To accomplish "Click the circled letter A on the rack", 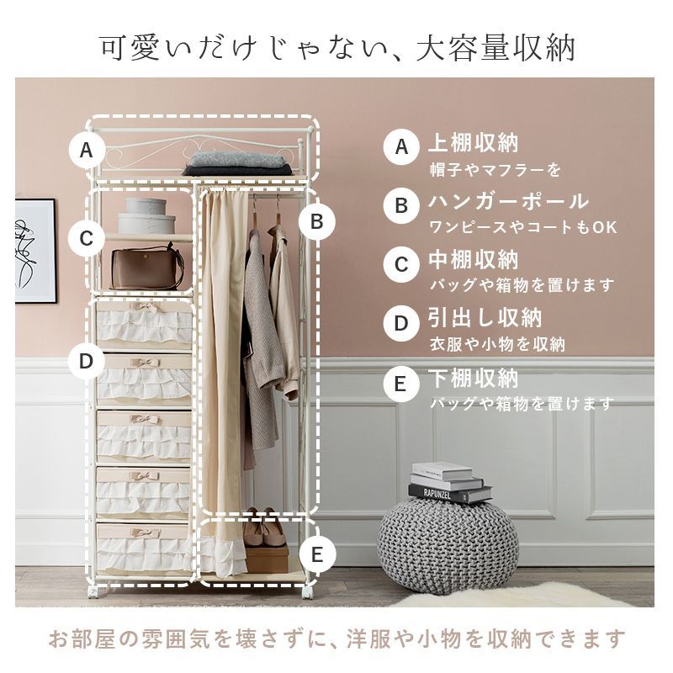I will [x=87, y=151].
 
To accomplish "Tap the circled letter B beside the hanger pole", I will [x=317, y=221].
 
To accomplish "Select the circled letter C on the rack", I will [x=87, y=238].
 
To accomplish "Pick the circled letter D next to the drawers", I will [x=87, y=361].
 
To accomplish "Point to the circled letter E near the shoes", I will [x=317, y=554].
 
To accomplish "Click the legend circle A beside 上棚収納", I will [x=401, y=147].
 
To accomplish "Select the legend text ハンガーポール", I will [x=508, y=202].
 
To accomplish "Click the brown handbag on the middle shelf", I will [x=147, y=268].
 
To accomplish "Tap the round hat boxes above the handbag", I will [x=146, y=216].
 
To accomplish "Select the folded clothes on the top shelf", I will [x=237, y=162].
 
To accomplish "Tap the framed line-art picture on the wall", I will [x=34, y=251].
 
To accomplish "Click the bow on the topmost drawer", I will [x=144, y=308].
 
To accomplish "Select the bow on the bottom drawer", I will [x=144, y=531].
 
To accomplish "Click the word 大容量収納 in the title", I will [x=495, y=47].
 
